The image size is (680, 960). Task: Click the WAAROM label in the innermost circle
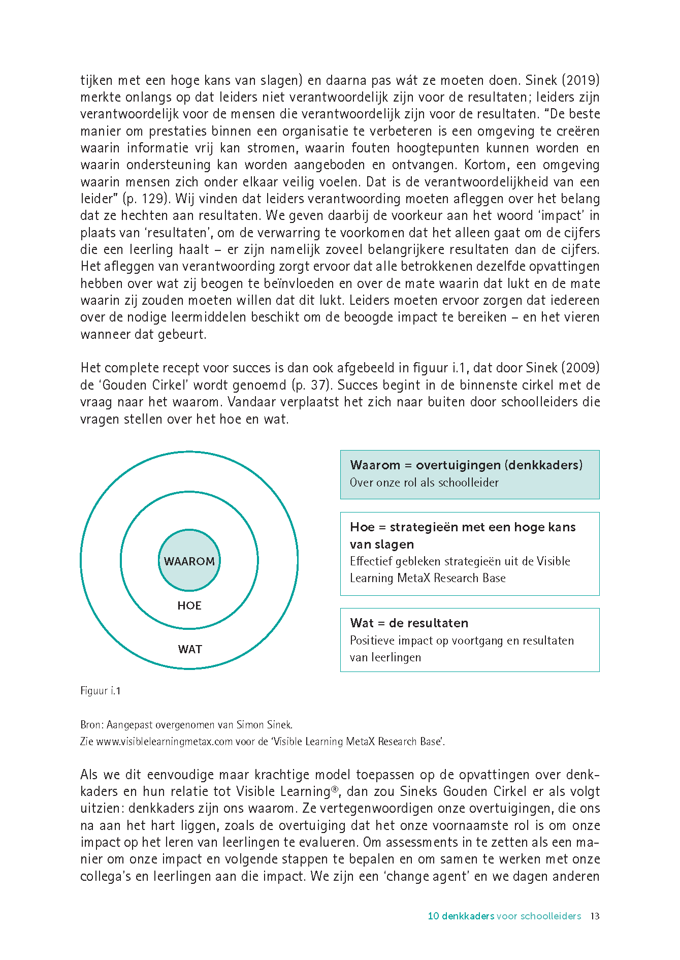(x=189, y=561)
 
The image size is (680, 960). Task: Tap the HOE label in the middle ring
(x=189, y=605)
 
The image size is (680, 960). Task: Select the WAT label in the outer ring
(x=190, y=649)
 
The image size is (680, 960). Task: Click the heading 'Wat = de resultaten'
(x=409, y=623)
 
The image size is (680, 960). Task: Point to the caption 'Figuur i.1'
(x=101, y=691)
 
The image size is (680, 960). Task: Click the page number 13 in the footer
(x=595, y=916)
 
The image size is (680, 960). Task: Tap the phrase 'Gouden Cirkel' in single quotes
(x=138, y=385)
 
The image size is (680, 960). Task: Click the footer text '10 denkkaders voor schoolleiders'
(x=504, y=916)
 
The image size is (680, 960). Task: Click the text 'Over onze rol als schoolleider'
(x=424, y=483)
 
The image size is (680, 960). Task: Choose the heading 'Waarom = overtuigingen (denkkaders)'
(x=466, y=465)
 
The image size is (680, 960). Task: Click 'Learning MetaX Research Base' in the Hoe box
(x=428, y=578)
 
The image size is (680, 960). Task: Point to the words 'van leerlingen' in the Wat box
(x=385, y=657)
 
